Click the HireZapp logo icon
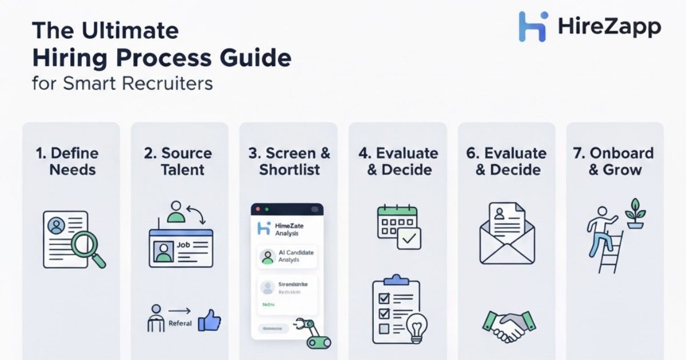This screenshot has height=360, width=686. coord(533,26)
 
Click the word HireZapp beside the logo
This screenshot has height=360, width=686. coord(608,26)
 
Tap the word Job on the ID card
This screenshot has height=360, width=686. coord(183,245)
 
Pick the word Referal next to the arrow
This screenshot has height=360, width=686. coord(180,323)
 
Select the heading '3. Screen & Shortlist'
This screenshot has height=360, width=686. coord(289,161)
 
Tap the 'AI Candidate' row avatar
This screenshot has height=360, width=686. coord(267,257)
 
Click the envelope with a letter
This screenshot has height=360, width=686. coord(506,235)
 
